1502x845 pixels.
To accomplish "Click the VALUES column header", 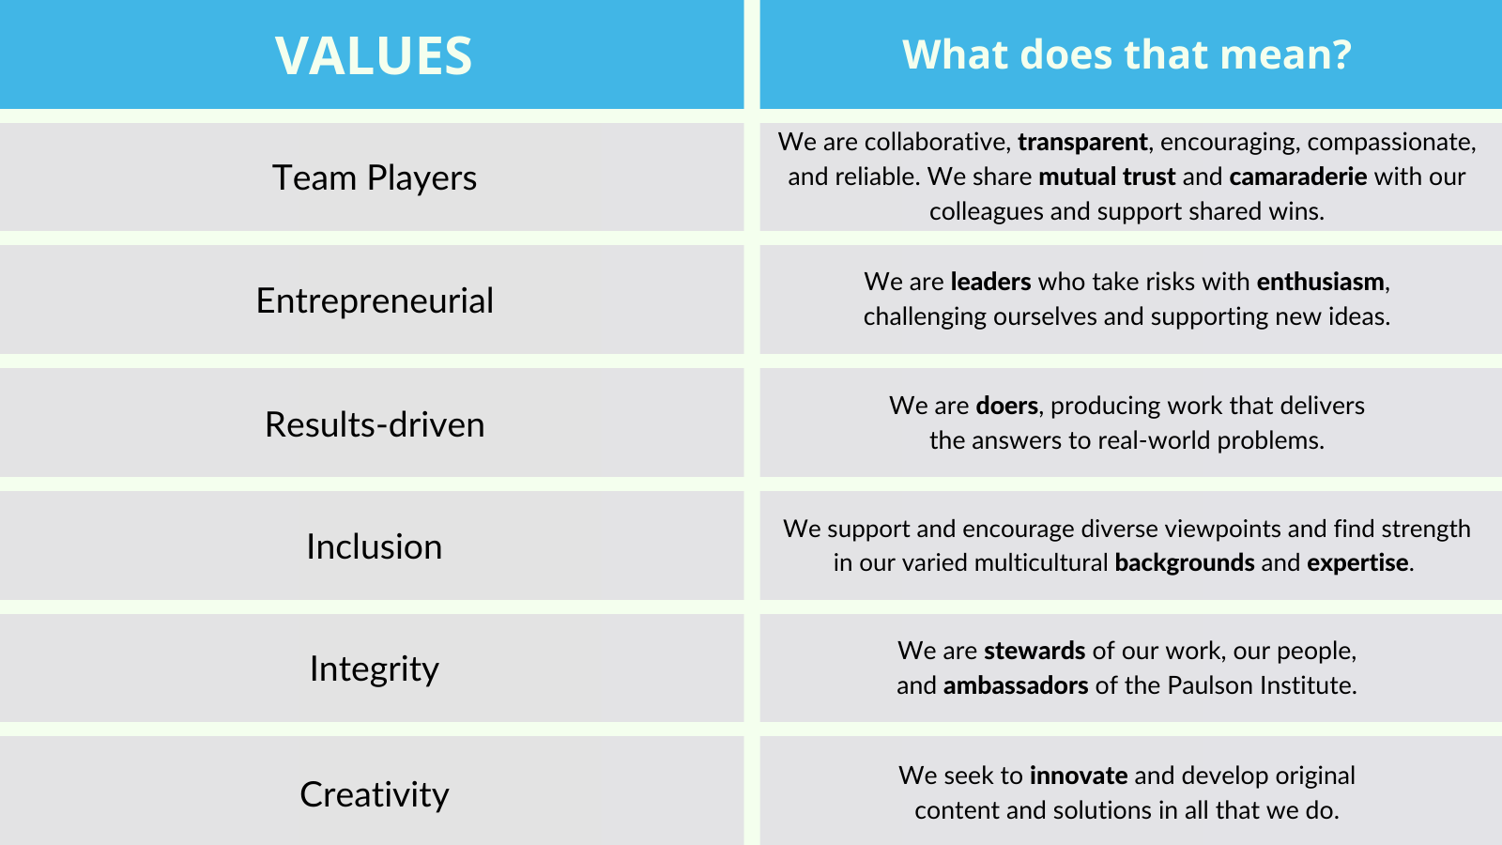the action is click(x=374, y=55).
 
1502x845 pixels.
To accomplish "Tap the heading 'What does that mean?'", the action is click(x=1126, y=54).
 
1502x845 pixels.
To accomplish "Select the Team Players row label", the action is click(x=375, y=177).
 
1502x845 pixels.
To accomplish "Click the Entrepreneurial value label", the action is click(x=375, y=300).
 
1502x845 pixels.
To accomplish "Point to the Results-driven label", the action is click(x=375, y=424).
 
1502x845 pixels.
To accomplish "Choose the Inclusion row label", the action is click(x=375, y=546).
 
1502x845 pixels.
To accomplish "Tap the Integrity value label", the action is click(x=375, y=669).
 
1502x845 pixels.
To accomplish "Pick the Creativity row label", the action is click(x=375, y=794).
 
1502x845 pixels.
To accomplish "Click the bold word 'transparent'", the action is click(x=1082, y=142).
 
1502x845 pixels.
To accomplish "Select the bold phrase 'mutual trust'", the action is click(x=1107, y=177).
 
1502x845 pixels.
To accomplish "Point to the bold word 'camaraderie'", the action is click(x=1298, y=177).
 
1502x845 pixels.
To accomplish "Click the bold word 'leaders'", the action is click(x=990, y=282).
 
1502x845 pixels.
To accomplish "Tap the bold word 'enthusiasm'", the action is click(x=1320, y=282).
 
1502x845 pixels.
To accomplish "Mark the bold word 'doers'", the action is click(x=1007, y=406).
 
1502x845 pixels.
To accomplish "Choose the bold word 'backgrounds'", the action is click(x=1184, y=562).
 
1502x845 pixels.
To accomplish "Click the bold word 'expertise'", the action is click(x=1357, y=562).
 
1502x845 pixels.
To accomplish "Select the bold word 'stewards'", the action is click(x=1035, y=652).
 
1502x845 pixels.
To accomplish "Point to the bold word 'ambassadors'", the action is click(x=1015, y=685).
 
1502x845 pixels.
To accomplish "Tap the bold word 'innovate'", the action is click(x=1079, y=776).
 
